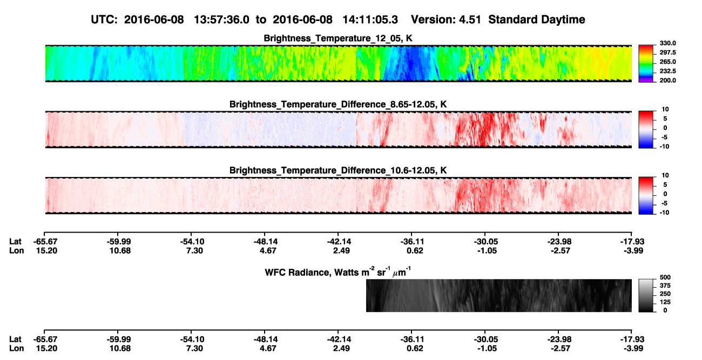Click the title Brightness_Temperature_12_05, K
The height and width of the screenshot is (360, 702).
point(338,38)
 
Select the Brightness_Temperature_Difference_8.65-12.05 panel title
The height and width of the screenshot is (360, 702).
point(338,104)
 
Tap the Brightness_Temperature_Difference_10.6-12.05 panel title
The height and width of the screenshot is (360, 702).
point(338,171)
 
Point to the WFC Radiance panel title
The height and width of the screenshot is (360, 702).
point(338,271)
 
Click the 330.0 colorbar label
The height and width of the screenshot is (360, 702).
point(667,43)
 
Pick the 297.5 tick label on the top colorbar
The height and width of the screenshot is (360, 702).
point(667,53)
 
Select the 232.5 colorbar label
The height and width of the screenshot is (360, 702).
point(667,71)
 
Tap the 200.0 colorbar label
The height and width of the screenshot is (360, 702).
point(667,80)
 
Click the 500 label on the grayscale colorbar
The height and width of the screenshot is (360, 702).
point(665,277)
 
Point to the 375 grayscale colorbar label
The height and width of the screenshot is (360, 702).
point(665,286)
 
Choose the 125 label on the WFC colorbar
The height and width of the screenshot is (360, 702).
point(665,302)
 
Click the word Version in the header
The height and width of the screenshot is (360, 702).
point(432,19)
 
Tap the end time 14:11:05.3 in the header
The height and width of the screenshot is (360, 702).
point(370,19)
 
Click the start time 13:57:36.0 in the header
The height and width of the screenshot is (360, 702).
point(221,19)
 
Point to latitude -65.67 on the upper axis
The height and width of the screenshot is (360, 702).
point(45,242)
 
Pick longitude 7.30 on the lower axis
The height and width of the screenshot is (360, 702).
point(194,349)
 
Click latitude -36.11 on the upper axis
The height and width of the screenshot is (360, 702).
point(413,242)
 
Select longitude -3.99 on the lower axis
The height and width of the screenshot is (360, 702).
point(633,349)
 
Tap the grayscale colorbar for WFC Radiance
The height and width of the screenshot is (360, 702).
point(646,295)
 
